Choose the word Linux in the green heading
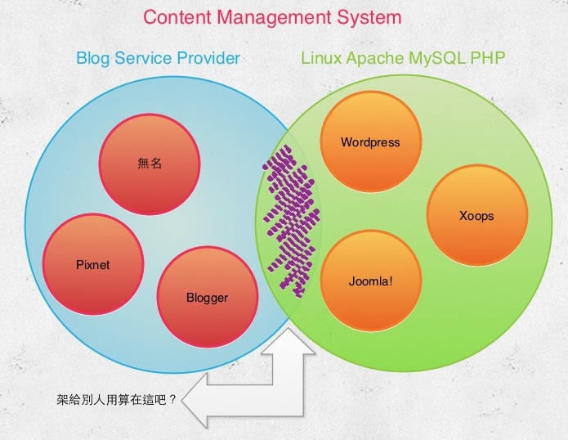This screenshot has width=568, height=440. (x=321, y=58)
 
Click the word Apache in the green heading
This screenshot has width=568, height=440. (x=375, y=59)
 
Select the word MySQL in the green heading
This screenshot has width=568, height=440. (x=437, y=59)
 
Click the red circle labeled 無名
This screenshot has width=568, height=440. (x=150, y=164)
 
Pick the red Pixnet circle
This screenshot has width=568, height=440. (x=93, y=264)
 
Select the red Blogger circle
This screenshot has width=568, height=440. (x=208, y=297)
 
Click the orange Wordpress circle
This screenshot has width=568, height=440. (x=370, y=141)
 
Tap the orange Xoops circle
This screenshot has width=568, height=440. (x=476, y=216)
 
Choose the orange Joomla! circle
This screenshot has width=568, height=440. (x=370, y=281)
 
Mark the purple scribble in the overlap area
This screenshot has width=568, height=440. (x=292, y=221)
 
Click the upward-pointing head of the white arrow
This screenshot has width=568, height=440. (x=288, y=341)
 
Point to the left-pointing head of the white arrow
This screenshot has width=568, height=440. (x=195, y=401)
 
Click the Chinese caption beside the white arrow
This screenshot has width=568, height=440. (x=117, y=399)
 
